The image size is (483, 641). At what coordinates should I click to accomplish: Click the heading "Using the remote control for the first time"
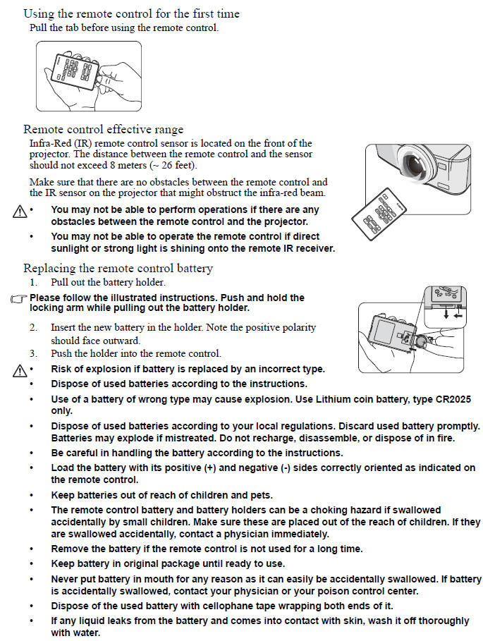click(131, 14)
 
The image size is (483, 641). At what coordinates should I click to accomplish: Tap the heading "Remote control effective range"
click(103, 129)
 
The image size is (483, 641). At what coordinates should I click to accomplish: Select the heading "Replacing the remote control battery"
click(118, 268)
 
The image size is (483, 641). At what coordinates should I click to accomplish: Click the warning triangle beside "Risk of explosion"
click(18, 370)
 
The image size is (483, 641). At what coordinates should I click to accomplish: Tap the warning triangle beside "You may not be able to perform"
click(18, 211)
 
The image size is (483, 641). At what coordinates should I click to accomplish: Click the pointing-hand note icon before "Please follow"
click(18, 299)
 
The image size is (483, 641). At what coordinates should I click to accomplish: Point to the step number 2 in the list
click(33, 328)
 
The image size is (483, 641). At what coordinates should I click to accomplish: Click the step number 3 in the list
click(33, 353)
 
